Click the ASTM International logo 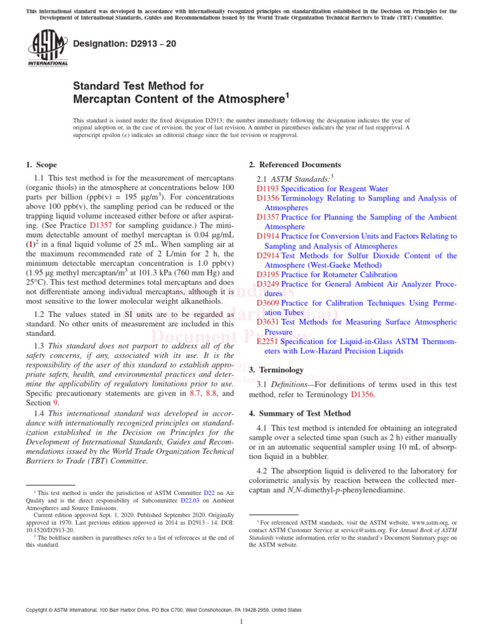pyautogui.click(x=48, y=50)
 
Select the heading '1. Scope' pyautogui.click(x=41, y=165)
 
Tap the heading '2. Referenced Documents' pyautogui.click(x=295, y=165)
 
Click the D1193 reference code pyautogui.click(x=268, y=188)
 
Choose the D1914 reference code pyautogui.click(x=268, y=236)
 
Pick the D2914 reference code pyautogui.click(x=268, y=255)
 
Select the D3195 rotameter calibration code pyautogui.click(x=268, y=274)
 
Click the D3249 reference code pyautogui.click(x=268, y=284)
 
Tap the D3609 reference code pyautogui.click(x=268, y=303)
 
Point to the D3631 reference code pyautogui.click(x=268, y=322)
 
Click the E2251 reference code pyautogui.click(x=268, y=341)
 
